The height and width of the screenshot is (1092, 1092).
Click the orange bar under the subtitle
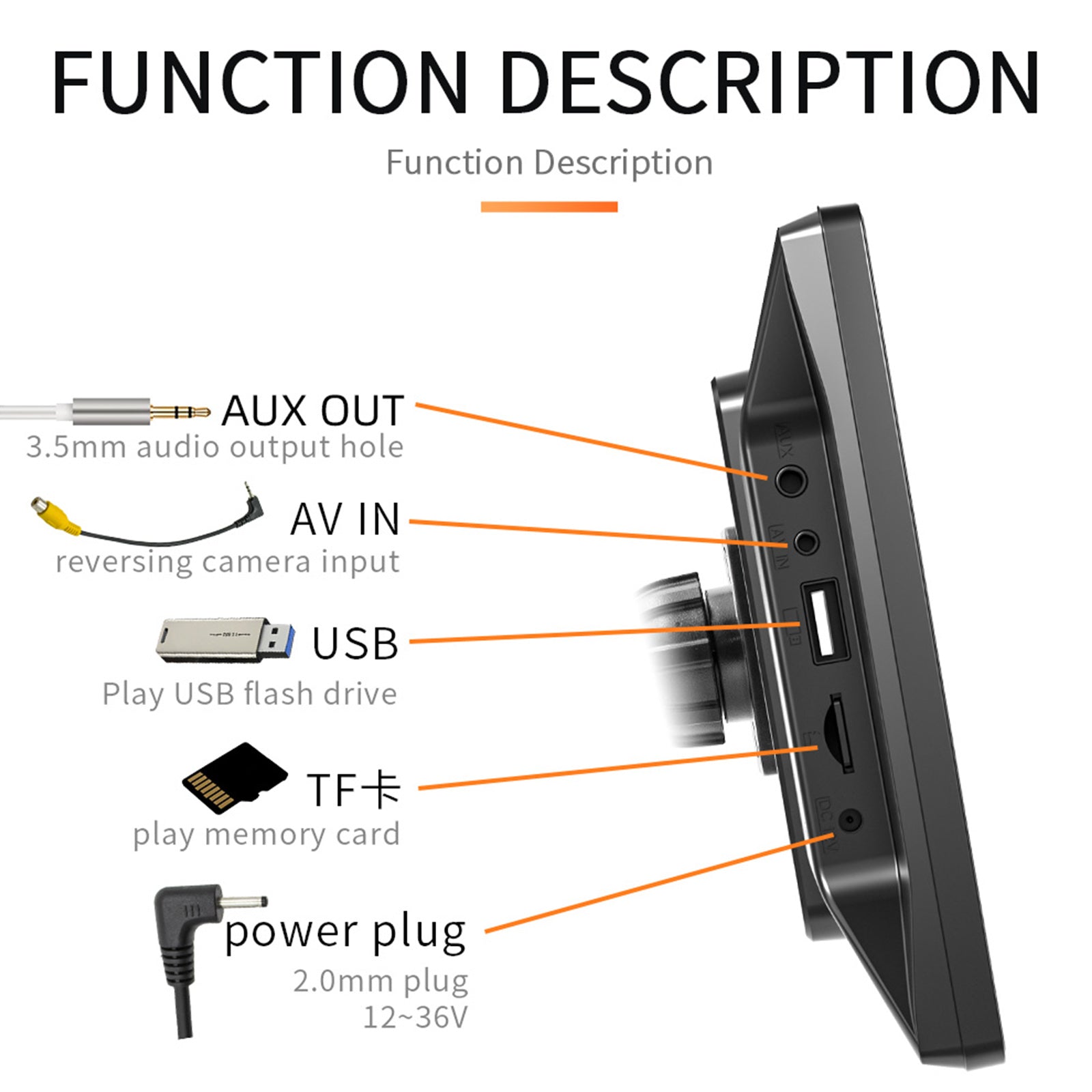click(549, 207)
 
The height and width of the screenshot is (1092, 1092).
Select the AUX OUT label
click(313, 410)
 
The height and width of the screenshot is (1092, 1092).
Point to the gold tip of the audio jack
click(180, 412)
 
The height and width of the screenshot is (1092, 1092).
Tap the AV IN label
click(345, 519)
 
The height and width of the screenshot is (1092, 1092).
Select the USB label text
click(355, 643)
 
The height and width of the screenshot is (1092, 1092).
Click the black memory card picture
click(234, 778)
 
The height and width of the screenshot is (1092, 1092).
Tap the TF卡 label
click(354, 790)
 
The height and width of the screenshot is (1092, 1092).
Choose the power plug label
click(345, 932)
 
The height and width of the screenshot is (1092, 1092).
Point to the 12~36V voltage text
click(415, 1017)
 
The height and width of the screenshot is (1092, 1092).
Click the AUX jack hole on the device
click(791, 480)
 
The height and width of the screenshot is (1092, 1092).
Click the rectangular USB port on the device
click(824, 620)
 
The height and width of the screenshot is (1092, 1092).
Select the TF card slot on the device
click(837, 733)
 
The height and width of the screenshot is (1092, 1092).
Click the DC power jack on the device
click(850, 819)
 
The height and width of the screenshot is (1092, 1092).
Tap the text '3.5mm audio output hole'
click(215, 448)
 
